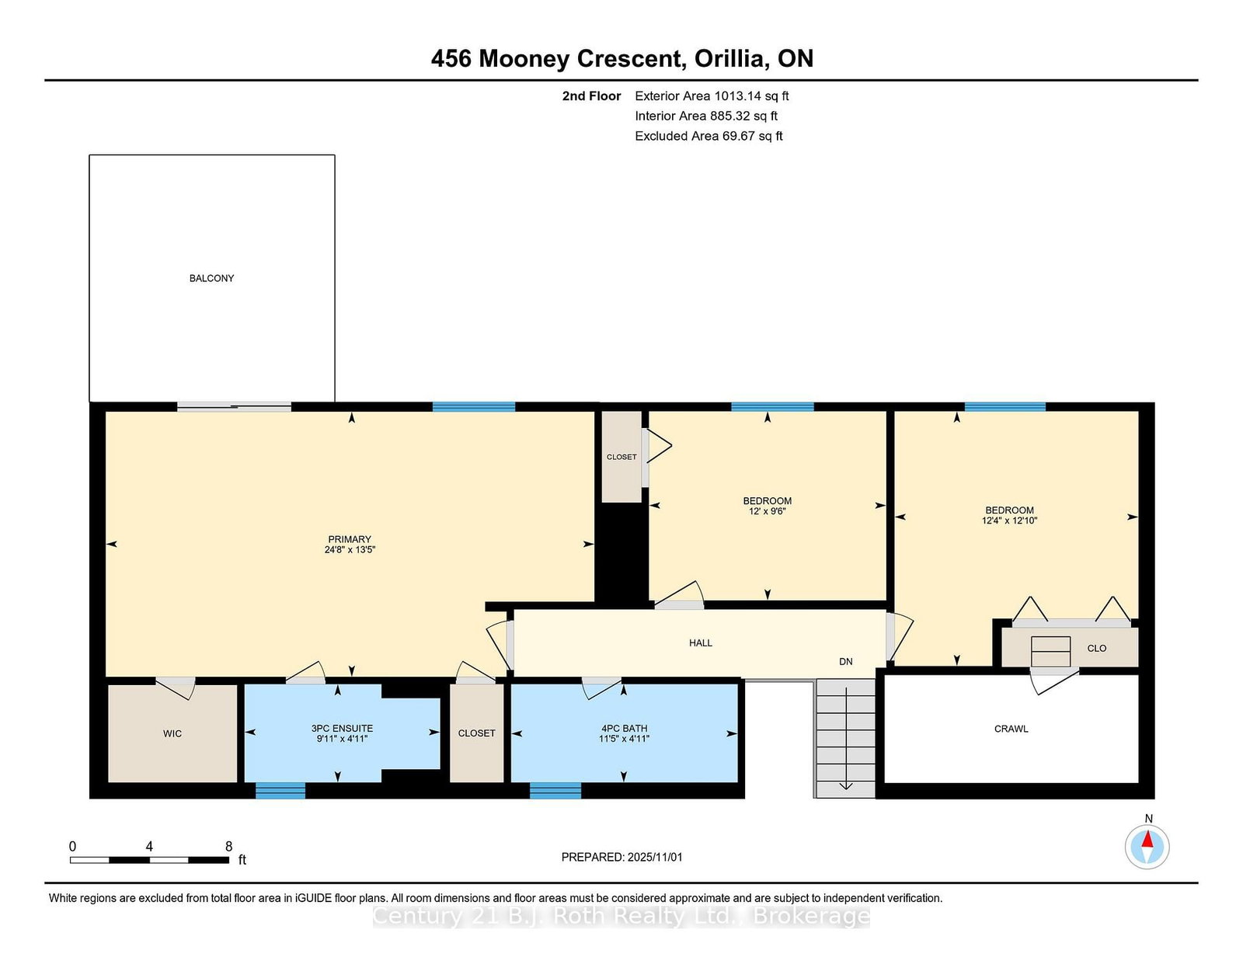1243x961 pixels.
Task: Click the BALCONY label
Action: click(211, 279)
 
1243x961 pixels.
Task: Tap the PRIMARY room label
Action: click(350, 539)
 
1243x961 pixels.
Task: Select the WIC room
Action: click(172, 733)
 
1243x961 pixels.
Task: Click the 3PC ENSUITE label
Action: click(342, 728)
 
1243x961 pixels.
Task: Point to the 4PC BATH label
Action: click(624, 728)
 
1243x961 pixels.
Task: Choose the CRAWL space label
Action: click(1011, 729)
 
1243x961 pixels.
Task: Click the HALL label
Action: click(701, 643)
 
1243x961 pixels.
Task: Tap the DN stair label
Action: click(846, 662)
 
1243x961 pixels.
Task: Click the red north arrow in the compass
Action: click(1147, 839)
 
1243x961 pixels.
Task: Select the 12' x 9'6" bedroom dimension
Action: click(768, 511)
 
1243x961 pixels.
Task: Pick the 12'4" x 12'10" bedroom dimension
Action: click(1010, 521)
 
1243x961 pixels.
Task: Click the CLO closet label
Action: click(1097, 648)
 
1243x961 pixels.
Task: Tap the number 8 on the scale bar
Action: click(229, 846)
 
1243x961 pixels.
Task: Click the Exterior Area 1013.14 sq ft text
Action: click(712, 96)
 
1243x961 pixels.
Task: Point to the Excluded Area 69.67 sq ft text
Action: click(709, 136)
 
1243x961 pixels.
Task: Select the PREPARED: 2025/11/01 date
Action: click(621, 857)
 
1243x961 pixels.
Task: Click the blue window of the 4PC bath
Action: click(555, 791)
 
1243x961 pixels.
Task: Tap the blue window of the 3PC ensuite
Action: click(280, 791)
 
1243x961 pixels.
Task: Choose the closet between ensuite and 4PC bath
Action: click(476, 733)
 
